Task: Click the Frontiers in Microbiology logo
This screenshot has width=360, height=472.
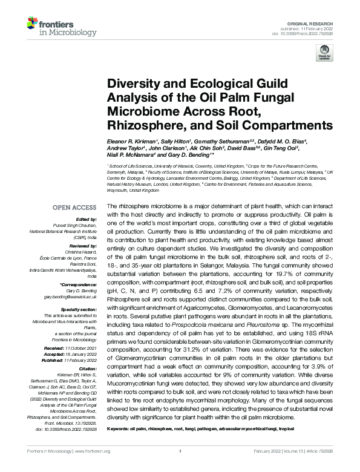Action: [x=56, y=27]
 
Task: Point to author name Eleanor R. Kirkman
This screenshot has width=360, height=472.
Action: [x=130, y=140]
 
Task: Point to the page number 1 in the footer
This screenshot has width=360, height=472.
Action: [x=180, y=451]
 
